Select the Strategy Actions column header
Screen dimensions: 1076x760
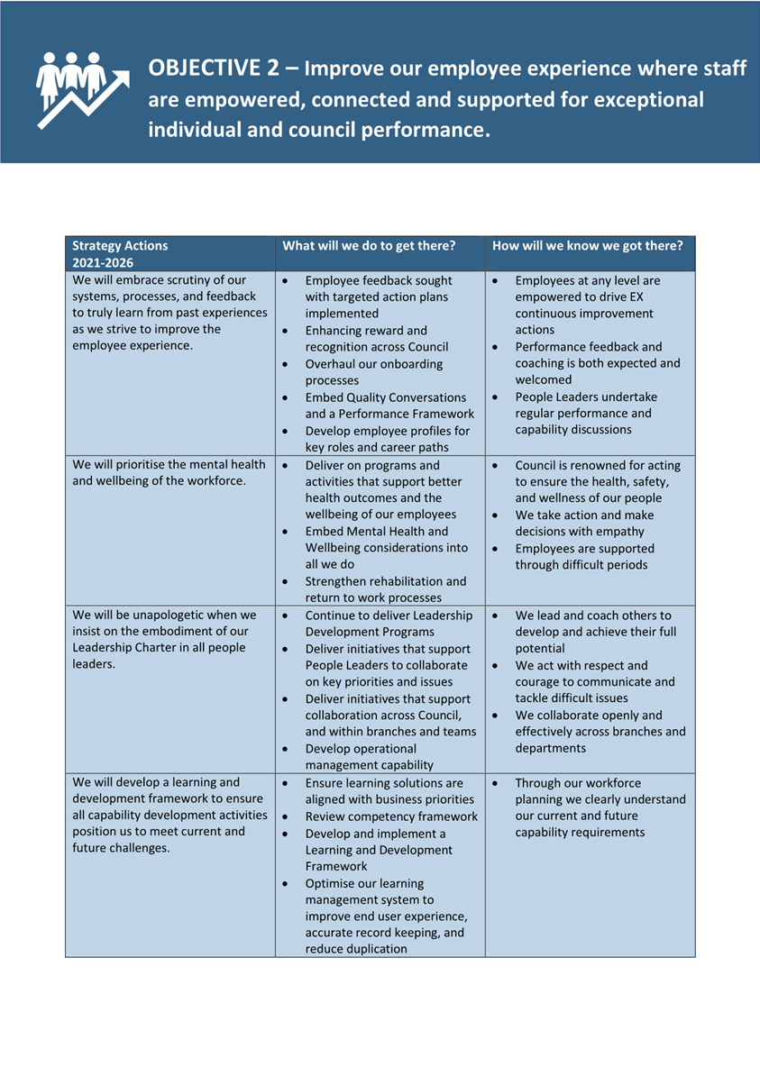(x=120, y=245)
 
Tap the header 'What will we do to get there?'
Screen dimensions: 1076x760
(x=369, y=245)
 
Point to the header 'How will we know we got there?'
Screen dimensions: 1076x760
(x=587, y=245)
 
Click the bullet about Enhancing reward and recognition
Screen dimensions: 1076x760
(x=377, y=339)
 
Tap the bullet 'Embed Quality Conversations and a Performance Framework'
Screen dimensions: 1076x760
(x=389, y=406)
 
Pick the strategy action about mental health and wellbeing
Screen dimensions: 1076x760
(x=169, y=472)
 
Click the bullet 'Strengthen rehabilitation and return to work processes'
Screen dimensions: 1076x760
(x=386, y=588)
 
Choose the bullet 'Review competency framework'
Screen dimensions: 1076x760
(x=391, y=816)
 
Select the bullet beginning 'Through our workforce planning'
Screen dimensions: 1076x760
(x=600, y=807)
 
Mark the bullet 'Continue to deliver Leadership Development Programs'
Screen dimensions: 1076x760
(x=389, y=624)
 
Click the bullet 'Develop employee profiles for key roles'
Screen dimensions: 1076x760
(x=387, y=439)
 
